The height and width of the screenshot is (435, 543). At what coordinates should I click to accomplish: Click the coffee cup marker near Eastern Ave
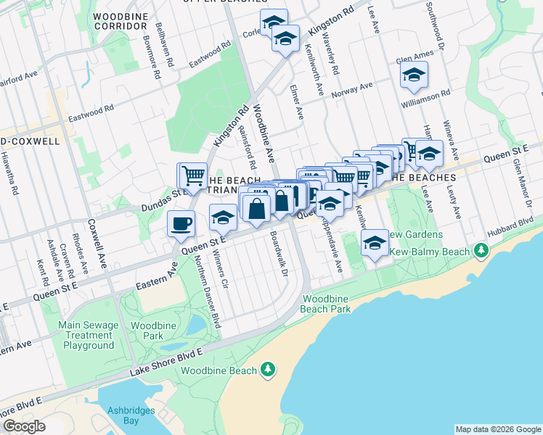tap(181, 224)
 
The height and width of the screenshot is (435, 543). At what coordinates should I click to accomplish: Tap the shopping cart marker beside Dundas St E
tap(192, 175)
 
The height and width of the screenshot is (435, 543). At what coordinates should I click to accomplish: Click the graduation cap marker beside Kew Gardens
tap(375, 243)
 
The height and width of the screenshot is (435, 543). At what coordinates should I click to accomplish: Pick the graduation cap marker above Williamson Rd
tap(414, 75)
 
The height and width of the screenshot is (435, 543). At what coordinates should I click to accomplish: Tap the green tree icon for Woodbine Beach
tap(268, 370)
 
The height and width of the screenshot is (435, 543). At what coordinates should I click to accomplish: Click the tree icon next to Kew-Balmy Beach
tap(480, 251)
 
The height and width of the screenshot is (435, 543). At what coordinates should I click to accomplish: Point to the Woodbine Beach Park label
tap(327, 304)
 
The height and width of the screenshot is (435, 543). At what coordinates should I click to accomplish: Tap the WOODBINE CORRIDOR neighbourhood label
tap(121, 20)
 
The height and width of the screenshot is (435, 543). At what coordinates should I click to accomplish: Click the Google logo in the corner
tap(24, 426)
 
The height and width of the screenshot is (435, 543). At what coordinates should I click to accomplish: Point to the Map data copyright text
tap(497, 429)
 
